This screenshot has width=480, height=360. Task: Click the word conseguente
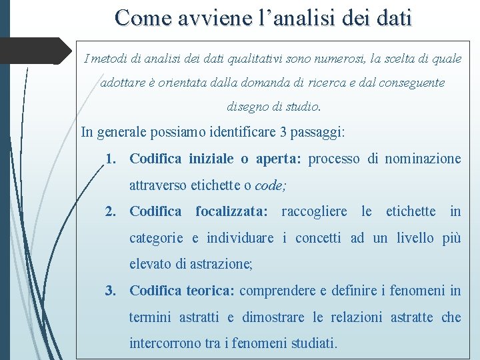tap(407, 83)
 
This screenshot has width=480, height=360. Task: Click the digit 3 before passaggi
tap(285, 132)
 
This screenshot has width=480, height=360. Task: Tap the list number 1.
tap(111, 159)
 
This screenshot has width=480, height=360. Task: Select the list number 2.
tap(111, 211)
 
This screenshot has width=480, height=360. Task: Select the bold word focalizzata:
tap(231, 211)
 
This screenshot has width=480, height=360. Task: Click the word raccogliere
tap(314, 211)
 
